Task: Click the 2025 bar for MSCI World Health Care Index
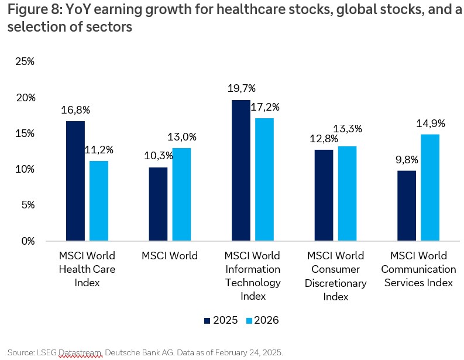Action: [75, 181]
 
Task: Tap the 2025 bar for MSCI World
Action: [157, 204]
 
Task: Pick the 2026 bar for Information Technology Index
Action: [264, 179]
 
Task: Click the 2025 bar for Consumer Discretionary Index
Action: [324, 195]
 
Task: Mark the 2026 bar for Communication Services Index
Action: [430, 187]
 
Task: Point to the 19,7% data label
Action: [242, 89]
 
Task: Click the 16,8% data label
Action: [75, 110]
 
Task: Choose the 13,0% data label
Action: [182, 137]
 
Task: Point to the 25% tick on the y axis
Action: [25, 61]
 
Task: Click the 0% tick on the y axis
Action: [27, 241]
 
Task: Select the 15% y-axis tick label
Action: [25, 133]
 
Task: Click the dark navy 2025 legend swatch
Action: [207, 321]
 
